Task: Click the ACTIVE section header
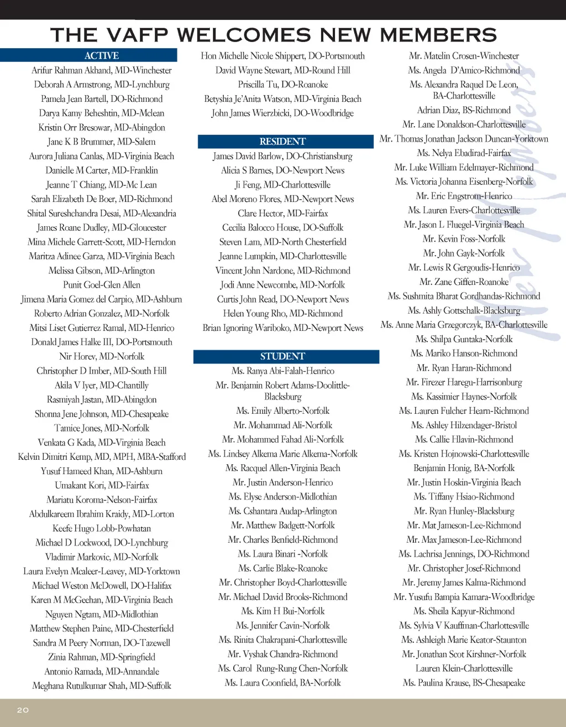click(102, 55)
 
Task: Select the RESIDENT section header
click(282, 142)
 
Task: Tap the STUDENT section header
click(282, 356)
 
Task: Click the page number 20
click(23, 710)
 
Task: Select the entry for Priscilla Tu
click(282, 85)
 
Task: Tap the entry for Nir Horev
click(102, 356)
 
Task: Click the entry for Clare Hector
click(282, 213)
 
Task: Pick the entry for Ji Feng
click(282, 185)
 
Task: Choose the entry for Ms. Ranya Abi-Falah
click(282, 371)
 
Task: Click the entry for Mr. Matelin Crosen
click(464, 56)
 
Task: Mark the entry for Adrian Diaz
click(464, 110)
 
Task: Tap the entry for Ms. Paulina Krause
click(464, 683)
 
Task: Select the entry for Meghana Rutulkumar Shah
click(102, 686)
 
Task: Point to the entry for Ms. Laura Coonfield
click(282, 683)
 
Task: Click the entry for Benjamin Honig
click(464, 468)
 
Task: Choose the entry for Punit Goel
click(102, 285)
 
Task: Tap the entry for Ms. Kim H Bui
click(282, 611)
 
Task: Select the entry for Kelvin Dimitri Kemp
click(102, 456)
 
